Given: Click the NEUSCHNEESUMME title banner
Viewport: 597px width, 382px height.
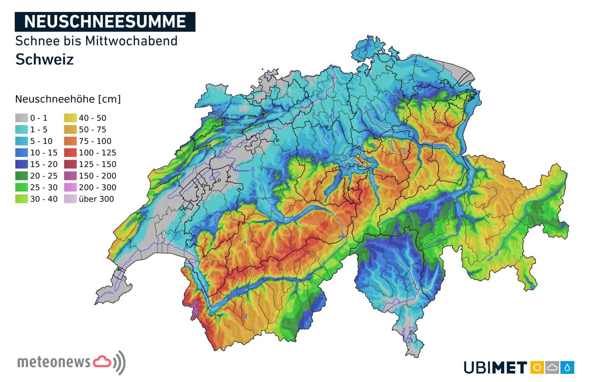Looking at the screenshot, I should (x=105, y=22).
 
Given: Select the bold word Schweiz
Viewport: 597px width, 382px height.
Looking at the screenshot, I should (x=44, y=60).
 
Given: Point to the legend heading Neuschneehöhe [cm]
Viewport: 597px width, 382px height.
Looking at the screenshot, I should (x=68, y=99).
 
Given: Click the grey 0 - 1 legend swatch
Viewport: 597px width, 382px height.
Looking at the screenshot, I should (x=21, y=118).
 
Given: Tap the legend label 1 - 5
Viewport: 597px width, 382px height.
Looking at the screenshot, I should (x=39, y=130).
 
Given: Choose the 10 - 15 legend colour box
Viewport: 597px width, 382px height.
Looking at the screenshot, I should (x=21, y=152).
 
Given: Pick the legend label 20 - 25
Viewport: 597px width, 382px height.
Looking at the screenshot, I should (x=44, y=176).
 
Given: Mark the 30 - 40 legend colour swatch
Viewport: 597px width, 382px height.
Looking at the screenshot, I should (x=21, y=199).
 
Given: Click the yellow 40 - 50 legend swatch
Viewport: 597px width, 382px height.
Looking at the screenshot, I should (x=70, y=118).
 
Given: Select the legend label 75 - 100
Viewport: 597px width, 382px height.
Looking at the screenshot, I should (x=95, y=141).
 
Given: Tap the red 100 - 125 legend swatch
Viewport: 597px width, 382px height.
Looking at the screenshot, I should (x=70, y=152).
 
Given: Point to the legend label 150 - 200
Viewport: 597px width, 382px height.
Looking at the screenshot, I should (x=97, y=176).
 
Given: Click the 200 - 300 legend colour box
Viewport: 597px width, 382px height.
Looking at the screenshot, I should (x=70, y=187).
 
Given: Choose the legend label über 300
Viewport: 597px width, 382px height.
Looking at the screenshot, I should (x=96, y=199).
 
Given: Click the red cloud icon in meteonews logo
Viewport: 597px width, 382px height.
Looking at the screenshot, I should (x=102, y=361).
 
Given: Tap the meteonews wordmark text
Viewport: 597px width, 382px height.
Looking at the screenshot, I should (x=54, y=362).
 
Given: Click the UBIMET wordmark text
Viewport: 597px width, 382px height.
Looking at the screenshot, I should (x=495, y=367).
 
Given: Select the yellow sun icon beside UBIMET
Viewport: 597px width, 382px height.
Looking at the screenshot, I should (x=537, y=367).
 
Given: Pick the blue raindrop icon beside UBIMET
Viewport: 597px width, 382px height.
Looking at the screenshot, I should (x=567, y=367).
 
